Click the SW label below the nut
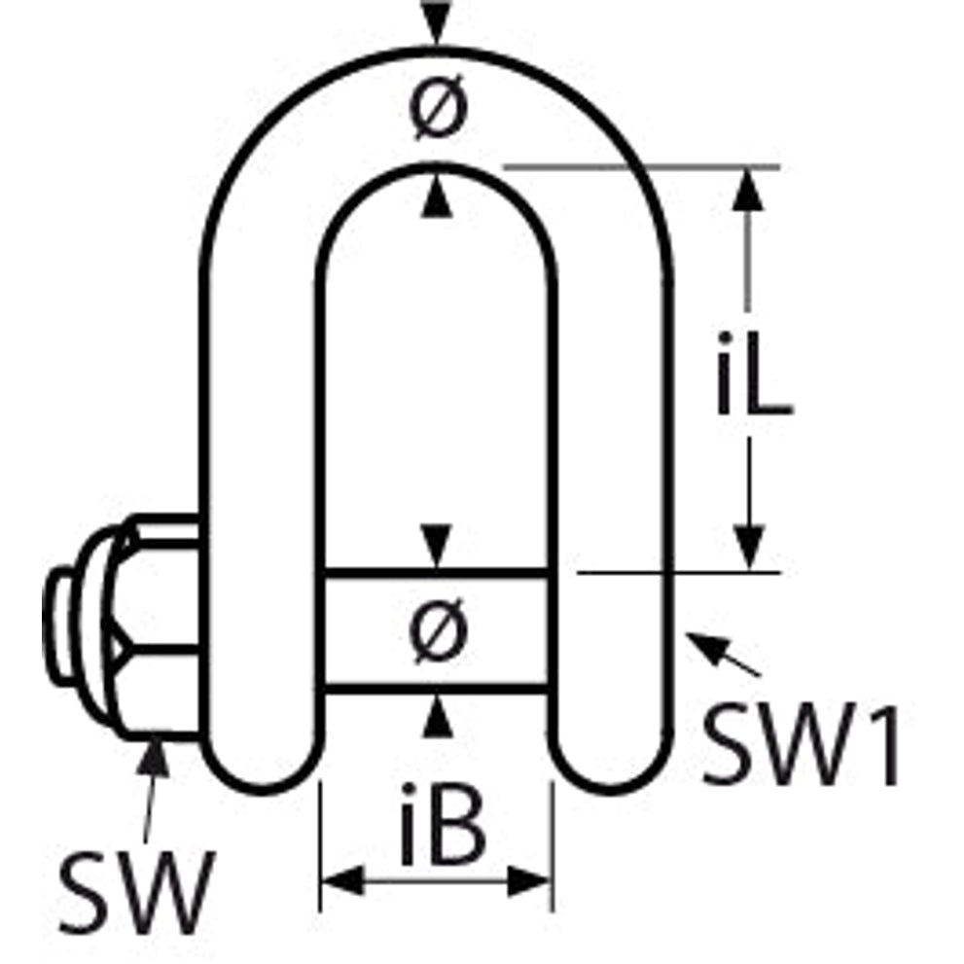[x=137, y=891]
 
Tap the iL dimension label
[x=754, y=373]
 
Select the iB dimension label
[x=443, y=824]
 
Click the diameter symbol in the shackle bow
[x=438, y=111]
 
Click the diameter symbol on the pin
[x=438, y=632]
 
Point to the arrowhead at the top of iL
[x=748, y=190]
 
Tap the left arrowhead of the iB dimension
[x=341, y=881]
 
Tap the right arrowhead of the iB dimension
[x=530, y=881]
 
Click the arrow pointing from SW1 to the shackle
[x=723, y=654]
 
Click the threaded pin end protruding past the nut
[x=59, y=624]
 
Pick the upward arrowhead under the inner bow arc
[x=437, y=196]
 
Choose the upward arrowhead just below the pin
[x=437, y=717]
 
